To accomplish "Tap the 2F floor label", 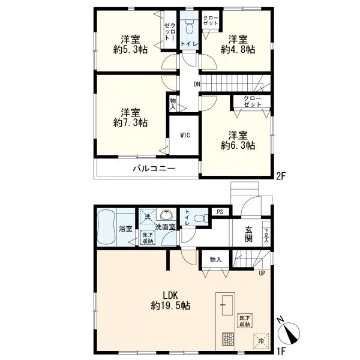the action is click(x=281, y=176).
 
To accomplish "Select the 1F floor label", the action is click(x=281, y=351).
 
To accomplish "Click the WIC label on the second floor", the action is click(x=185, y=135).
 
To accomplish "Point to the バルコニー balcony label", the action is click(x=154, y=169).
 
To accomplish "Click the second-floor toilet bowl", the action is click(x=189, y=27).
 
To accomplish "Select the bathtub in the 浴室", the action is click(x=106, y=227).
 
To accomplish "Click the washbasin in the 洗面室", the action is click(x=166, y=215).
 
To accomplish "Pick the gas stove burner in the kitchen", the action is click(x=228, y=340).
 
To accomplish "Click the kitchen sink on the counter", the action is click(x=227, y=305).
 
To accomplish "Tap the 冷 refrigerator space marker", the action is click(x=261, y=341).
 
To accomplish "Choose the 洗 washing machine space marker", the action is click(x=148, y=216).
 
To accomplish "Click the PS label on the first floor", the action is click(x=220, y=212).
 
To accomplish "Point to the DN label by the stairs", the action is click(x=197, y=84).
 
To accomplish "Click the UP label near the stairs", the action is click(x=262, y=273).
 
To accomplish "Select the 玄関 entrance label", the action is click(x=248, y=234).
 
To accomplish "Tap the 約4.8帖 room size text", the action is click(x=238, y=50).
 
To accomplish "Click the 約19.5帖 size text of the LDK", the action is click(x=170, y=305).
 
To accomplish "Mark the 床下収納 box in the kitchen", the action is click(x=245, y=321).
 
